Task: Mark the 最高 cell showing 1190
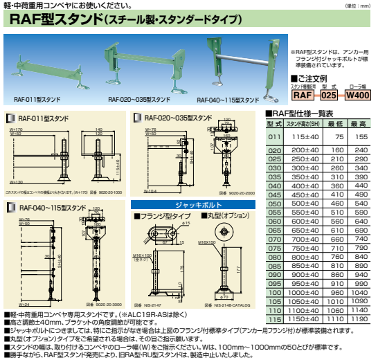[361, 321]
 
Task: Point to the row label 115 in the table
[275, 321]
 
